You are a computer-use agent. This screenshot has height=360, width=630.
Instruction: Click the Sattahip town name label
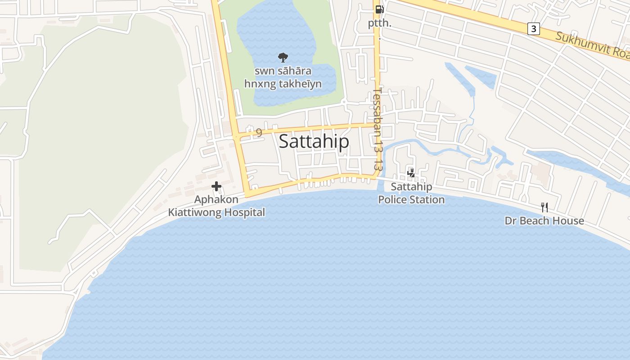pos(314,141)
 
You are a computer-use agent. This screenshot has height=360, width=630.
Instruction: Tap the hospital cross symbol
pos(216,186)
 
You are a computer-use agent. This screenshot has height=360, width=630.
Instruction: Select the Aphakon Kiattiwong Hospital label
pos(216,206)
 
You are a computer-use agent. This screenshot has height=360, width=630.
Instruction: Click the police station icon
pos(411,172)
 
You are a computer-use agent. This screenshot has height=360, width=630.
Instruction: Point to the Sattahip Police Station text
pos(411,193)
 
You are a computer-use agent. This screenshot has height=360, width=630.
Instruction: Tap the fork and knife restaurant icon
pos(544,207)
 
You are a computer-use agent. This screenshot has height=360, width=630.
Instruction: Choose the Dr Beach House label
pos(544,220)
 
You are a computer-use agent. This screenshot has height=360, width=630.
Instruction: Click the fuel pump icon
pos(379,9)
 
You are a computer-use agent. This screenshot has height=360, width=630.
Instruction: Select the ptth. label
pos(380,23)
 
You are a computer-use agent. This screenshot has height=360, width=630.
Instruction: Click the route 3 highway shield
pos(533,29)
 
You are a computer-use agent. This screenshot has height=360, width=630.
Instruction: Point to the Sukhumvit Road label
pos(592,45)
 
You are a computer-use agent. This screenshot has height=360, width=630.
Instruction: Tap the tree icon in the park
pos(283,57)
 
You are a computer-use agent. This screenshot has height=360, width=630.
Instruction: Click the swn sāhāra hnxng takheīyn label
pos(283,77)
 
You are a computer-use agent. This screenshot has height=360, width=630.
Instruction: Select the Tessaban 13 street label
pos(378,128)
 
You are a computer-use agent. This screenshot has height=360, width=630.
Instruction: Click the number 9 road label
pos(259,132)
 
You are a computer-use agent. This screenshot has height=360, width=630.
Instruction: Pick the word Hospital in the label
pos(244,212)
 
